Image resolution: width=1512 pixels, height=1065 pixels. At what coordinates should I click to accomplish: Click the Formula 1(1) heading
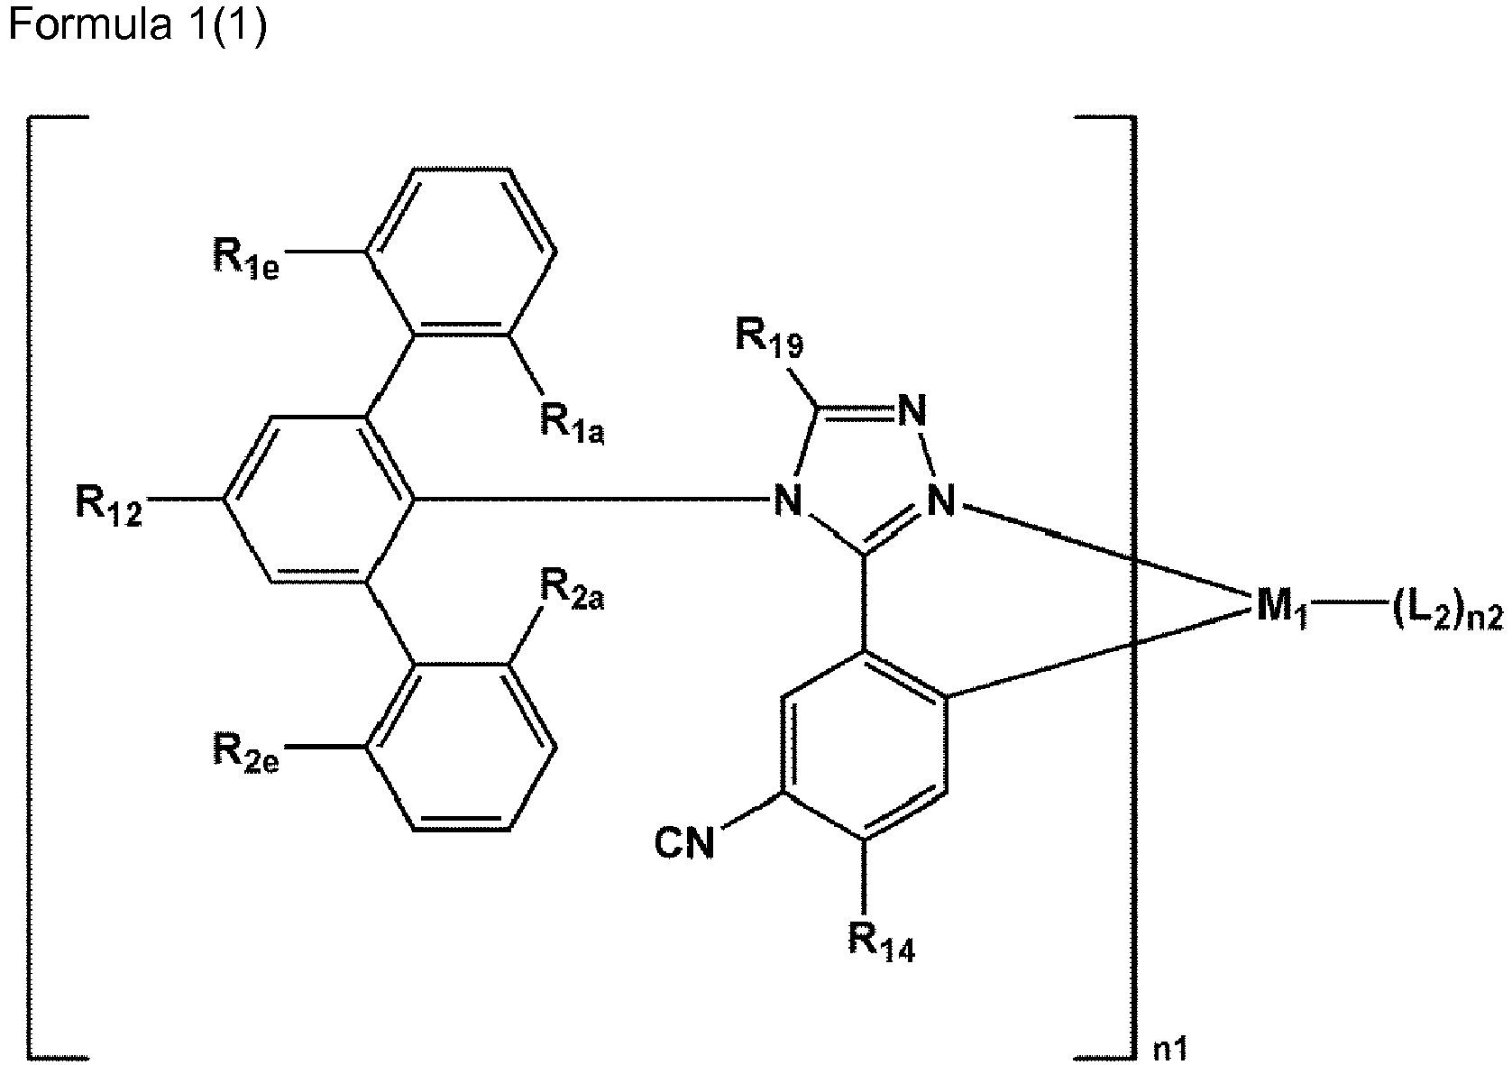(x=138, y=25)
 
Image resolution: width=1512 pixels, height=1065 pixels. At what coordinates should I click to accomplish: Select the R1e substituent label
(x=246, y=259)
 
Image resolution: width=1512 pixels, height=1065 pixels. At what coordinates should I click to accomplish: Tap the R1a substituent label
(x=573, y=424)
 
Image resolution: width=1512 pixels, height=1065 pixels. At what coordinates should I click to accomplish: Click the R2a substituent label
(x=573, y=591)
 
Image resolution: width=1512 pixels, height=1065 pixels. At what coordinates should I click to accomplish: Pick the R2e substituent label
(x=246, y=753)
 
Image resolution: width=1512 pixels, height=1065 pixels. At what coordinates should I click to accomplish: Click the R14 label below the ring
(x=882, y=942)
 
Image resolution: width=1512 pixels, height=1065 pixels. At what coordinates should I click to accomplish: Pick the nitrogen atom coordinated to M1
(x=941, y=500)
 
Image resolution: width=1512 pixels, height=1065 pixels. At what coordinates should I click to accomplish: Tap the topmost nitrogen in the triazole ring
(x=912, y=410)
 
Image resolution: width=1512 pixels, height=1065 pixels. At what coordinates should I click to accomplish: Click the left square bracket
(x=30, y=586)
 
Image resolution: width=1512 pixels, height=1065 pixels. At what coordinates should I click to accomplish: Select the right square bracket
(x=1132, y=586)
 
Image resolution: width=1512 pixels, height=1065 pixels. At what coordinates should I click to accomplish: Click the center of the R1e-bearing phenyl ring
(x=462, y=252)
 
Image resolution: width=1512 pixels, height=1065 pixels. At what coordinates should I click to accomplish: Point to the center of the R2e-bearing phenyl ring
(x=462, y=747)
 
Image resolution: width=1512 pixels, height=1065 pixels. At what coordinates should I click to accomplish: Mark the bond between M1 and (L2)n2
(x=1347, y=612)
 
